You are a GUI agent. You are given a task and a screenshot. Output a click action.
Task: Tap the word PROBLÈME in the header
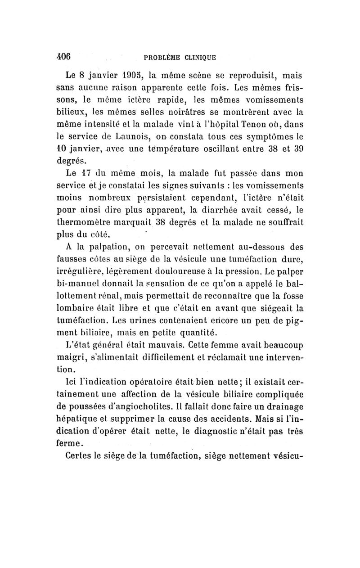(x=162, y=57)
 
